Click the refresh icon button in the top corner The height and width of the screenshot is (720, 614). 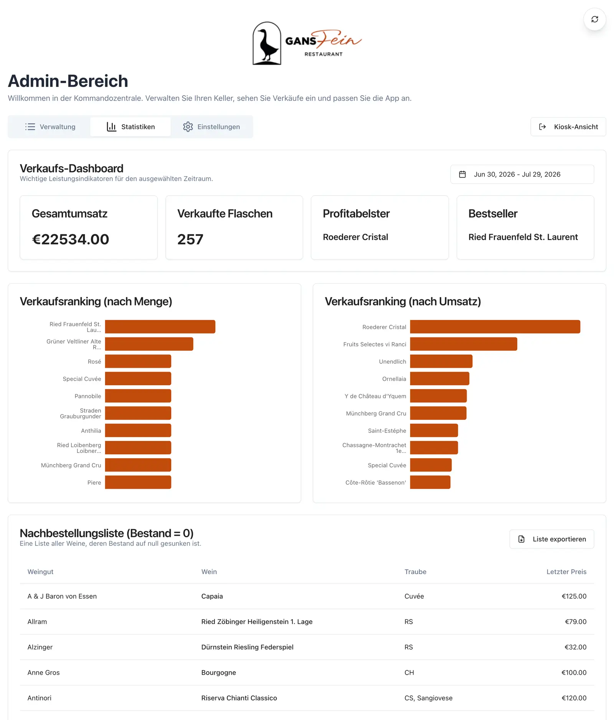pyautogui.click(x=594, y=19)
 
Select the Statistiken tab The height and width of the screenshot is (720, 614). pyautogui.click(x=130, y=127)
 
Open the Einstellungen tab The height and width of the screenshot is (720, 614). pyautogui.click(x=211, y=127)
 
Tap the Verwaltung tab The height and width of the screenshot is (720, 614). pyautogui.click(x=50, y=127)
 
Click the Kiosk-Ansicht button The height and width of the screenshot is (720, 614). pyautogui.click(x=568, y=127)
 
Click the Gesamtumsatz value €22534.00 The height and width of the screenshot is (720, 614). pyautogui.click(x=71, y=239)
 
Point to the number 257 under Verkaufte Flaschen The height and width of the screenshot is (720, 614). pyautogui.click(x=190, y=239)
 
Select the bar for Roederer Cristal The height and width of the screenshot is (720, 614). pyautogui.click(x=495, y=327)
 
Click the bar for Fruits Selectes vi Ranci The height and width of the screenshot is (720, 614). pyautogui.click(x=464, y=344)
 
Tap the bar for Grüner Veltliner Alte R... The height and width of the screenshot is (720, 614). pyautogui.click(x=149, y=344)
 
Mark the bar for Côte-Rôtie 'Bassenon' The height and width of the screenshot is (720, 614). pyautogui.click(x=430, y=482)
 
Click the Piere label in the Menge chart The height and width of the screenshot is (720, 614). pyautogui.click(x=94, y=482)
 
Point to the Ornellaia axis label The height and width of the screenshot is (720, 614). pyautogui.click(x=394, y=379)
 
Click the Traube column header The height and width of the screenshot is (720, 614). pyautogui.click(x=415, y=571)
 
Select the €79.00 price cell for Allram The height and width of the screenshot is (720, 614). pyautogui.click(x=576, y=621)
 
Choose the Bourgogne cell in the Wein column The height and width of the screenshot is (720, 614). pyautogui.click(x=219, y=672)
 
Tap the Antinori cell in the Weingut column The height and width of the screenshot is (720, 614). pyautogui.click(x=40, y=698)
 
